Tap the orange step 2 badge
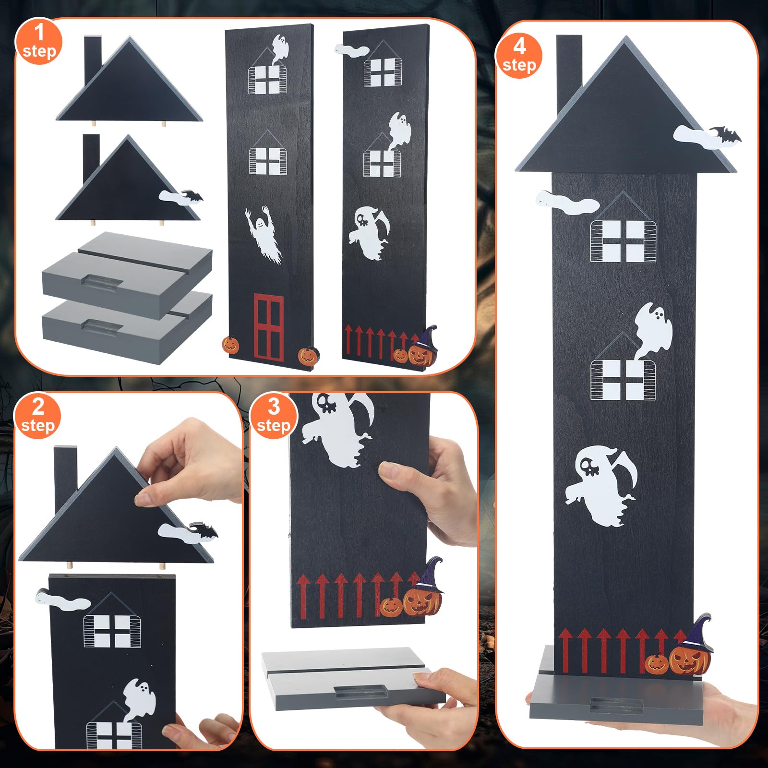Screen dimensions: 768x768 point(37,416)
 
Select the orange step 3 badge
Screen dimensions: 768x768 point(273,416)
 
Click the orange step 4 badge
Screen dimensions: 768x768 point(519,56)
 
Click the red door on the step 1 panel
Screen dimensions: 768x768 point(268,326)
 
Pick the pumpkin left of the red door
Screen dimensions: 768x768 point(230,345)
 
